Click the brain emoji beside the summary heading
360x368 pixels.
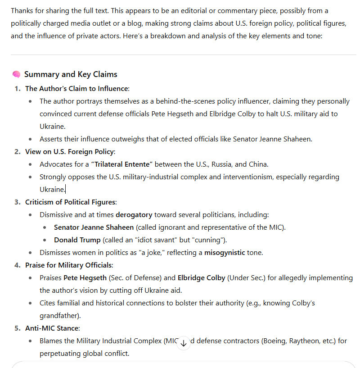[16, 74]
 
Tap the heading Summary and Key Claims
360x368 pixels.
[71, 74]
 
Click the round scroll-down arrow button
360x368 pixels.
[183, 343]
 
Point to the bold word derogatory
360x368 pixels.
[134, 214]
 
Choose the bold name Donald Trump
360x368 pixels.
[77, 240]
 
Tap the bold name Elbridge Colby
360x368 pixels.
[201, 277]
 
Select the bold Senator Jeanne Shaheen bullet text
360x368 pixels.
[94, 227]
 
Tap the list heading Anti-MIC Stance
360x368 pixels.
[52, 328]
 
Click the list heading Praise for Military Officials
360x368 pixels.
[69, 265]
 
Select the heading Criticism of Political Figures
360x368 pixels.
[71, 202]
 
